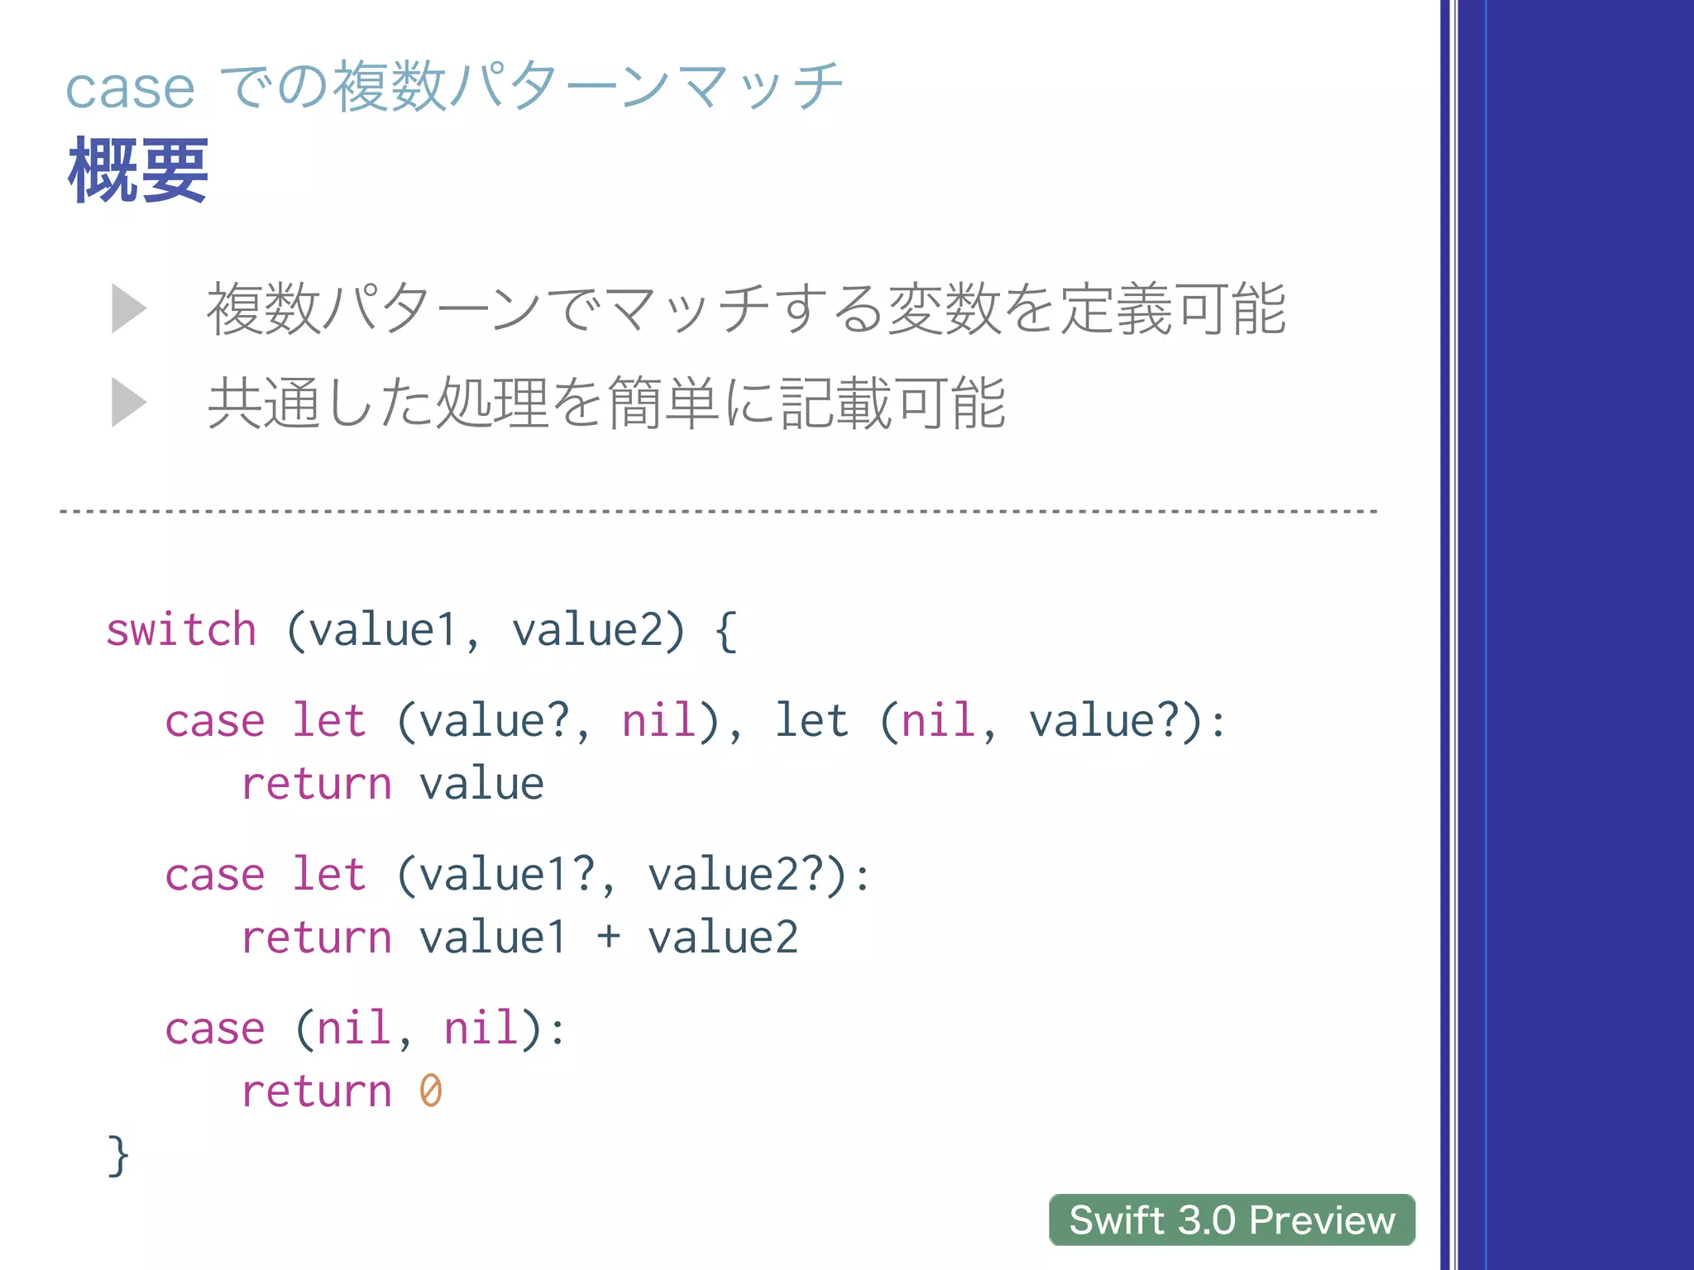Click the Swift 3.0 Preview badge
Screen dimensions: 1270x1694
point(1232,1220)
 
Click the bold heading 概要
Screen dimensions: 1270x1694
point(138,170)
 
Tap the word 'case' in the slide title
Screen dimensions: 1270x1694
point(130,88)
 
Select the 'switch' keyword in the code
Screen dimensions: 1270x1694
point(181,630)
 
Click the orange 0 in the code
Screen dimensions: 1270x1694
point(430,1091)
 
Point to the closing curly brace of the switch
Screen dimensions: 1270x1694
point(118,1155)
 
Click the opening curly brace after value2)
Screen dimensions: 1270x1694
point(725,632)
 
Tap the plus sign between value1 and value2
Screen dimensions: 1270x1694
point(608,937)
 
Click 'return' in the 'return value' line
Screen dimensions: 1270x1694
point(316,784)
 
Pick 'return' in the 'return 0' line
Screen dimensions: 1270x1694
point(316,1091)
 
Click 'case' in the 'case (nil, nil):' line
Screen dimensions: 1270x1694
point(215,1029)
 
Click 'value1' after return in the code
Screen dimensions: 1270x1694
point(492,938)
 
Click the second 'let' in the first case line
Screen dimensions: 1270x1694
point(811,720)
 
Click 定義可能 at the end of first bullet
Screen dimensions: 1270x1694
point(1173,309)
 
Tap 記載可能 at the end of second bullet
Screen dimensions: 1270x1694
point(893,403)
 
